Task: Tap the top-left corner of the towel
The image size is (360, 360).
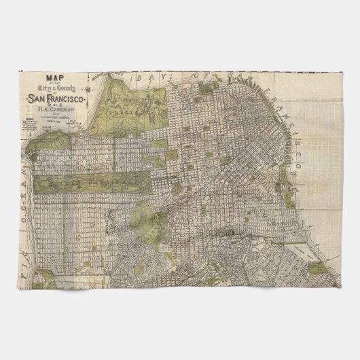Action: [x=16, y=66]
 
